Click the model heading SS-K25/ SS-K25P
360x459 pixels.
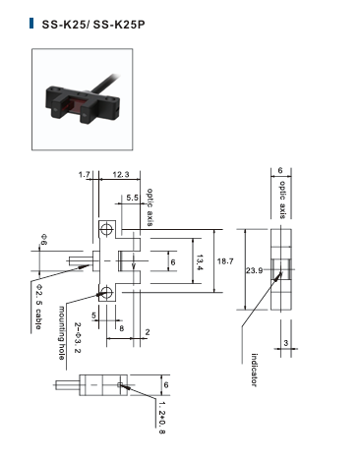click(93, 25)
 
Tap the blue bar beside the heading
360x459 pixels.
click(31, 24)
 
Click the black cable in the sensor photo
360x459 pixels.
click(105, 84)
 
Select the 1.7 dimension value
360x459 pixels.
click(85, 175)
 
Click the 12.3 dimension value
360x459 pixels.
click(121, 175)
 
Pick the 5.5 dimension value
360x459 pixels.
click(133, 198)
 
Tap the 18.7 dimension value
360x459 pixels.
click(225, 261)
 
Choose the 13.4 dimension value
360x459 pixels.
click(201, 262)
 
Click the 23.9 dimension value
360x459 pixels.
click(254, 270)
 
